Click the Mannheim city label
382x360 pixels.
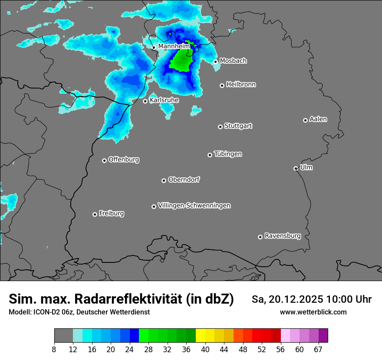(174, 46)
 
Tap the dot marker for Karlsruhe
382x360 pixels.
(145, 101)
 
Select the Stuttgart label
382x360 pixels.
(238, 126)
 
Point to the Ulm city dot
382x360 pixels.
(296, 168)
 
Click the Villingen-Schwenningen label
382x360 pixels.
(194, 206)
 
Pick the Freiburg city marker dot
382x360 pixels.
(95, 214)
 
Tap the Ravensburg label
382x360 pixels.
(282, 236)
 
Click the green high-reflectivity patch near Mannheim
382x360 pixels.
(181, 61)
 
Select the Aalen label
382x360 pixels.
(318, 119)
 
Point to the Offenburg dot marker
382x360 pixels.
(104, 160)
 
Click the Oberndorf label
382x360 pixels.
(184, 180)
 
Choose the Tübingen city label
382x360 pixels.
(227, 154)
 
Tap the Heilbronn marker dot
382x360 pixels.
(222, 85)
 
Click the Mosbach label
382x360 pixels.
(233, 61)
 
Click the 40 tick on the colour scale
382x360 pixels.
(205, 350)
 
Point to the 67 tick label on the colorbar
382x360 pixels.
(318, 350)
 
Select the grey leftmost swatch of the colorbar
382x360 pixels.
(63, 336)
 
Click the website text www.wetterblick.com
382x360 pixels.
(313, 312)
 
